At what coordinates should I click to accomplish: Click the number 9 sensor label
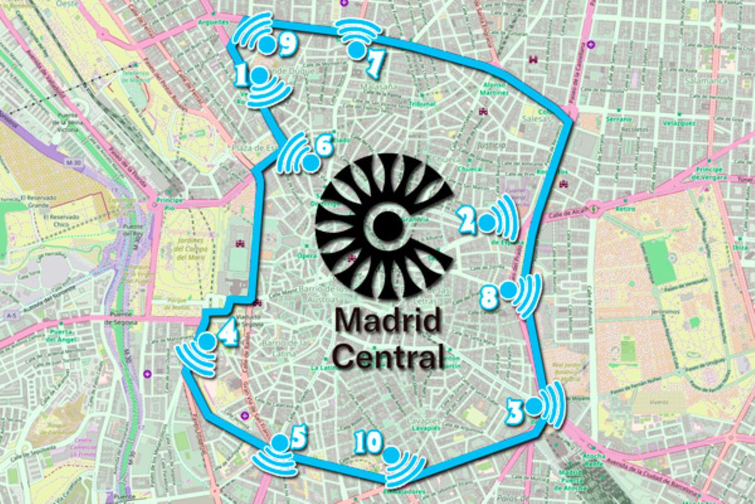[x=287, y=43]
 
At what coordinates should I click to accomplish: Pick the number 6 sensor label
[x=323, y=147]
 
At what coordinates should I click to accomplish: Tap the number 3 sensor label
[x=515, y=413]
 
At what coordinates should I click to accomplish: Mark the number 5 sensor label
[x=298, y=434]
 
